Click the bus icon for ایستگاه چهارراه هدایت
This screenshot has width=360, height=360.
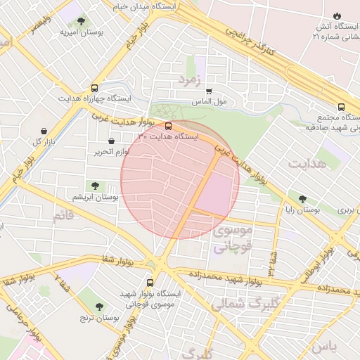click(x=94, y=89)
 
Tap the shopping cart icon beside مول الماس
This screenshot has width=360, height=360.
click(x=208, y=91)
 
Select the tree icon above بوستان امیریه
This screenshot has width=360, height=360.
click(x=82, y=22)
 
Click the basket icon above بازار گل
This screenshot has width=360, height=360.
click(x=45, y=131)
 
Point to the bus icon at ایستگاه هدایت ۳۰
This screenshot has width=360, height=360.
click(x=167, y=127)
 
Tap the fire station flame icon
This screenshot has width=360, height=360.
click(x=337, y=15)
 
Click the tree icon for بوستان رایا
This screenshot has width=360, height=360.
click(x=302, y=200)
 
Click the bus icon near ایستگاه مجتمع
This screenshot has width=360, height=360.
click(x=341, y=108)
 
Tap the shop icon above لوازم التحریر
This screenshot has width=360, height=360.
click(x=112, y=141)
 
